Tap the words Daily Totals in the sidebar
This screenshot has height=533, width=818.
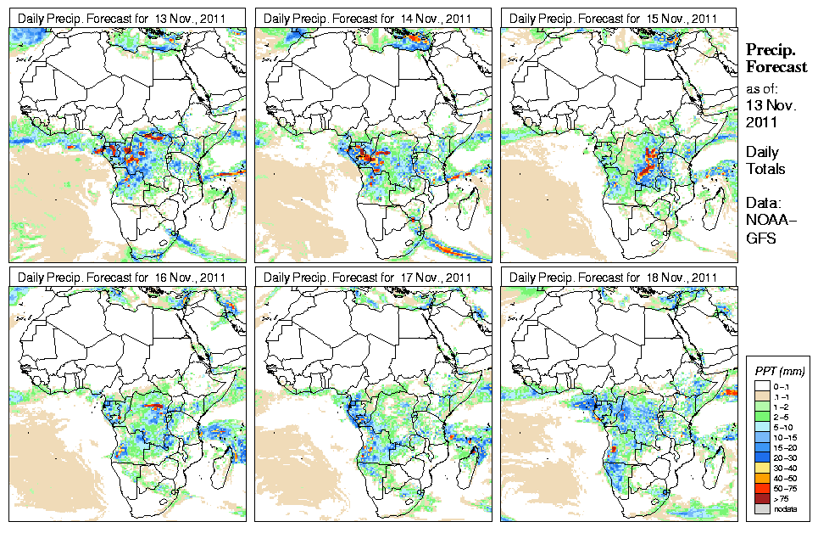click(765, 160)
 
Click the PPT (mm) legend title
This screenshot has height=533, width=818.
click(779, 371)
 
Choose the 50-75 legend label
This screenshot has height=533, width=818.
click(786, 487)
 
